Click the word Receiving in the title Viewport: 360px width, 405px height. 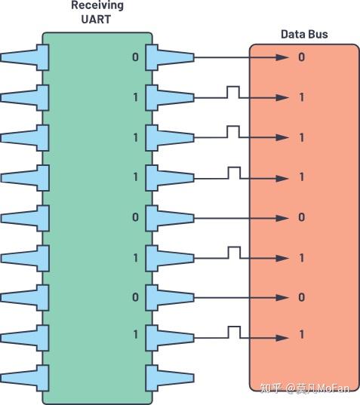97,5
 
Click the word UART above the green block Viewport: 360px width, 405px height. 96,20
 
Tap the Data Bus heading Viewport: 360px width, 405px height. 304,35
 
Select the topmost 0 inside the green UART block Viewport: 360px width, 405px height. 135,57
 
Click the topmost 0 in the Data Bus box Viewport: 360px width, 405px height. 301,57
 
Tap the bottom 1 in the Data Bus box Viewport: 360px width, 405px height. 301,334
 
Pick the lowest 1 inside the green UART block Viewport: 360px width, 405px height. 136,334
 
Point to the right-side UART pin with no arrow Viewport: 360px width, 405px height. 170,378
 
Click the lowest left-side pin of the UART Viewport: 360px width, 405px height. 25,378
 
